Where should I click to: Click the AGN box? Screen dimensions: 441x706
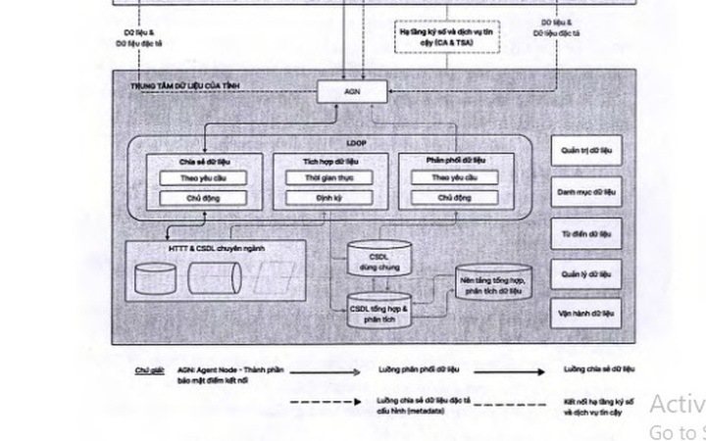(353, 91)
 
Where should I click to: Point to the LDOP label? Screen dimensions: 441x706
(356, 144)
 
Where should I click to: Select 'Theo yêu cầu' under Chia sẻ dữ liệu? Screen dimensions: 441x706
(204, 178)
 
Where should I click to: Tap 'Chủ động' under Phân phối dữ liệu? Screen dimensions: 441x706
(454, 198)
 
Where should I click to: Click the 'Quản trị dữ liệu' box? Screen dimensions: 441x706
(586, 151)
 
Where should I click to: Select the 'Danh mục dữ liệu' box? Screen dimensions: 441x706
(586, 192)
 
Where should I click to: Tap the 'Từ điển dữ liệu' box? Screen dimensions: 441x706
(586, 234)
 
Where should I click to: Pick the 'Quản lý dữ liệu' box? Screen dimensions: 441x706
(586, 274)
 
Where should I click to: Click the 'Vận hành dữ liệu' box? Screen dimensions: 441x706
(586, 314)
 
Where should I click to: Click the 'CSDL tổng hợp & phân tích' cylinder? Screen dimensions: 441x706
(378, 311)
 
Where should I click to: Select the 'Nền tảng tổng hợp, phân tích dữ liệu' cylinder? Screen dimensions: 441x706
(493, 284)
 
